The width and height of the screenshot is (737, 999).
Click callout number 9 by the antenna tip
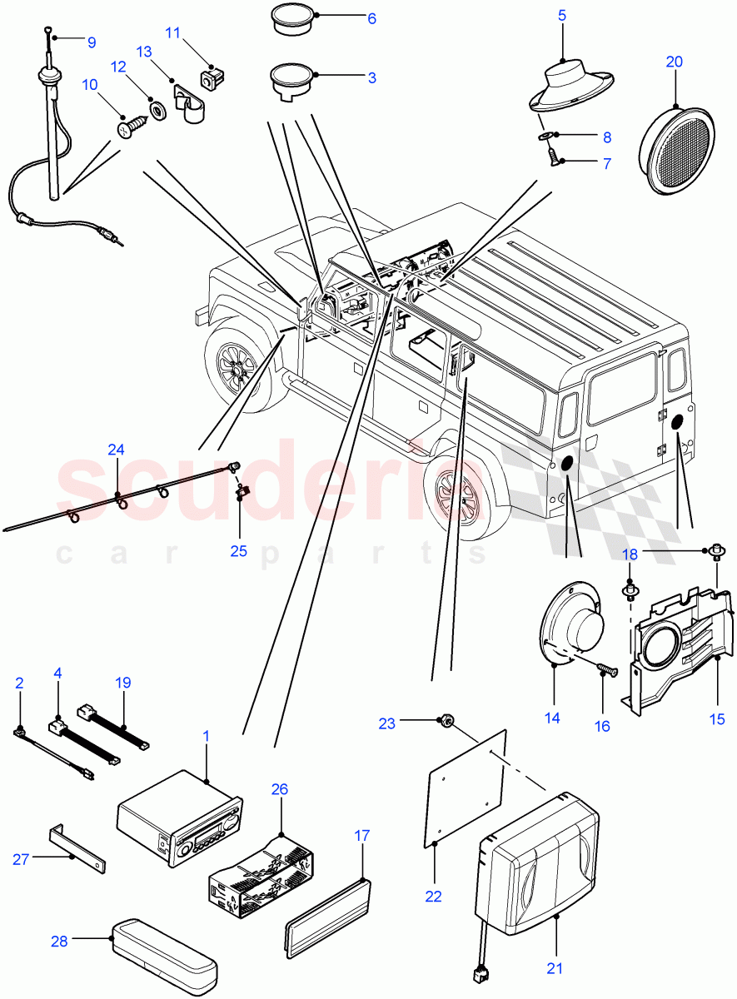[91, 41]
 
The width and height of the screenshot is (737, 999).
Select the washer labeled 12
[156, 108]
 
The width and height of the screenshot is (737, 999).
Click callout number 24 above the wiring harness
[116, 450]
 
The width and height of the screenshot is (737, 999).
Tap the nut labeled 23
[446, 723]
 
